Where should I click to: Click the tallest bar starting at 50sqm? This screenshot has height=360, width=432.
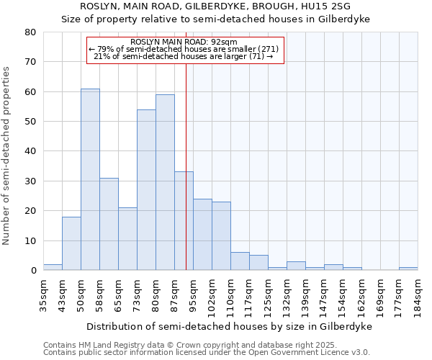coord(90,180)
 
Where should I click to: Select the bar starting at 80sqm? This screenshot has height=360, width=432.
coord(165,183)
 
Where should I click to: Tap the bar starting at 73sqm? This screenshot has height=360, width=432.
coord(146,190)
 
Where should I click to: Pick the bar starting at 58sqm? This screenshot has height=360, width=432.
coord(109,224)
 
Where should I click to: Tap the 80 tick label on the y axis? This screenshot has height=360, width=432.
coord(30,32)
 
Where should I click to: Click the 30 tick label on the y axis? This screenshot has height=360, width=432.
coord(30,181)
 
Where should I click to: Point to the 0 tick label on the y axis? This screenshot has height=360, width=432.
coord(33,271)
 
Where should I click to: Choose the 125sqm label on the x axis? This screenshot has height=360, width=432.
coord(268,295)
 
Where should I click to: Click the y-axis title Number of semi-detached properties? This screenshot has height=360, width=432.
coord(7,156)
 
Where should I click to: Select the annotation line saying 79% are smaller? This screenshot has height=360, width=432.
coord(184,49)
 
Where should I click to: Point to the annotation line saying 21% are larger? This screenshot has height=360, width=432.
coord(184,56)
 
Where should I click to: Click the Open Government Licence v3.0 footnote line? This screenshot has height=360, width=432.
coord(207,352)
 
